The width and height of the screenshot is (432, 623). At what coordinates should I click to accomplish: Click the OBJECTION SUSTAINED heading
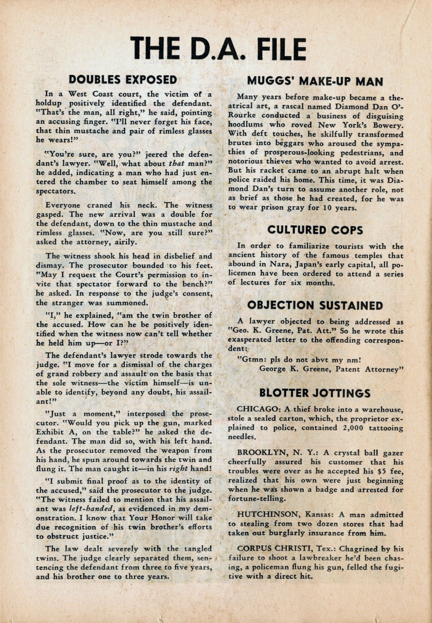(x=315, y=305)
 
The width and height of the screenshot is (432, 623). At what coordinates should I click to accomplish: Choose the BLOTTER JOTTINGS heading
(x=315, y=393)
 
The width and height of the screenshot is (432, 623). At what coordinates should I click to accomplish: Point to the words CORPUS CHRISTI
(x=270, y=549)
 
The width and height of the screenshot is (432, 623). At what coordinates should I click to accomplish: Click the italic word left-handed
(x=88, y=508)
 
